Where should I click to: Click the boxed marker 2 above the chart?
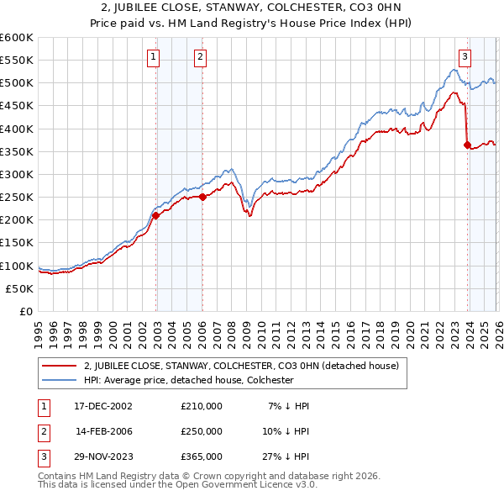click(202, 57)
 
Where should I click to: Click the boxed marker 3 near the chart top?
click(465, 57)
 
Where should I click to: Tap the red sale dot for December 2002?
click(156, 215)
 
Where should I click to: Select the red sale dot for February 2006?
click(202, 197)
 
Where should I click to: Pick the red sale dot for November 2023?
click(467, 145)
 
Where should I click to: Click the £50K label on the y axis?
click(20, 288)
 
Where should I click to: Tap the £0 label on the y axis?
click(28, 311)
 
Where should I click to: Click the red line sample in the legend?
click(60, 366)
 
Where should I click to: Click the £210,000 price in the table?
click(202, 406)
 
